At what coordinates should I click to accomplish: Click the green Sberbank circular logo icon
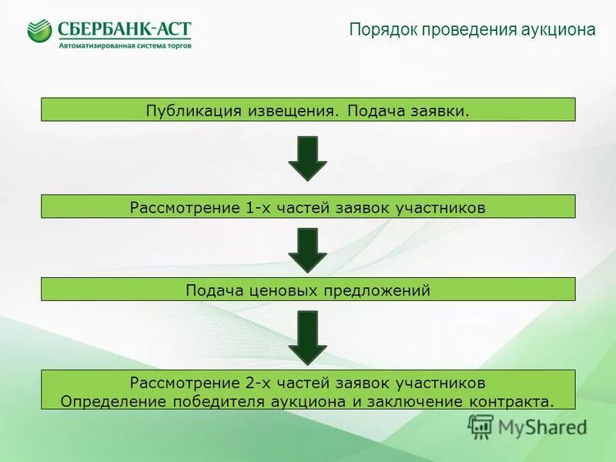click(39, 32)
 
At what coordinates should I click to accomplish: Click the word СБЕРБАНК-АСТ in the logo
click(124, 29)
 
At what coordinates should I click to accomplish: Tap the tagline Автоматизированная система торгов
click(125, 45)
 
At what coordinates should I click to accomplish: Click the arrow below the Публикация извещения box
click(307, 159)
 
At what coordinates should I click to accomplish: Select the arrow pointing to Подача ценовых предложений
click(307, 249)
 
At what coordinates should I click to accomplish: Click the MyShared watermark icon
click(481, 426)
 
